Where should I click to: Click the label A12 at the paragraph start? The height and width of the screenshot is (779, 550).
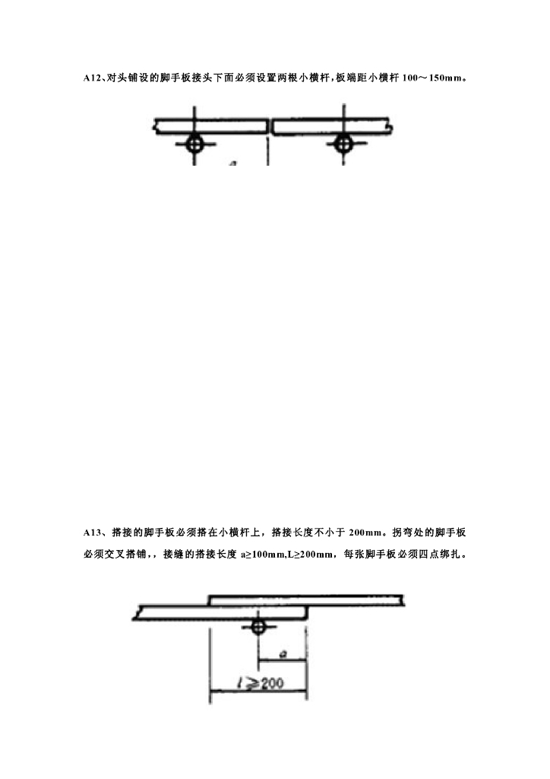[92, 78]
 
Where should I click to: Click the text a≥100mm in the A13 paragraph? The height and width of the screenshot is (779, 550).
[262, 554]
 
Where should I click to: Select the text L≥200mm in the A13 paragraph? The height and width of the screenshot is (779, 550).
[309, 554]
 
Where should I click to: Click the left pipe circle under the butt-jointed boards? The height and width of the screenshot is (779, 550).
[195, 142]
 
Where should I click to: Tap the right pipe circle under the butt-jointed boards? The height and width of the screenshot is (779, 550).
[343, 142]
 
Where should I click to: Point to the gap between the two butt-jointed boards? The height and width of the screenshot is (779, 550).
[271, 126]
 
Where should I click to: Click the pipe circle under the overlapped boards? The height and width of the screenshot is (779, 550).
[258, 628]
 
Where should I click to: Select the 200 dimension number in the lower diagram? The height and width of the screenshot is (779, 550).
[270, 684]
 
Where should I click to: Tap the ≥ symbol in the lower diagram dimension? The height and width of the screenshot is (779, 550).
[251, 684]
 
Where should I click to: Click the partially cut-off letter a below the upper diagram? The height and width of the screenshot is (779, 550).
[232, 162]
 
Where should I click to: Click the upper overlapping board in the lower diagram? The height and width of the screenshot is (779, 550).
[304, 599]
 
